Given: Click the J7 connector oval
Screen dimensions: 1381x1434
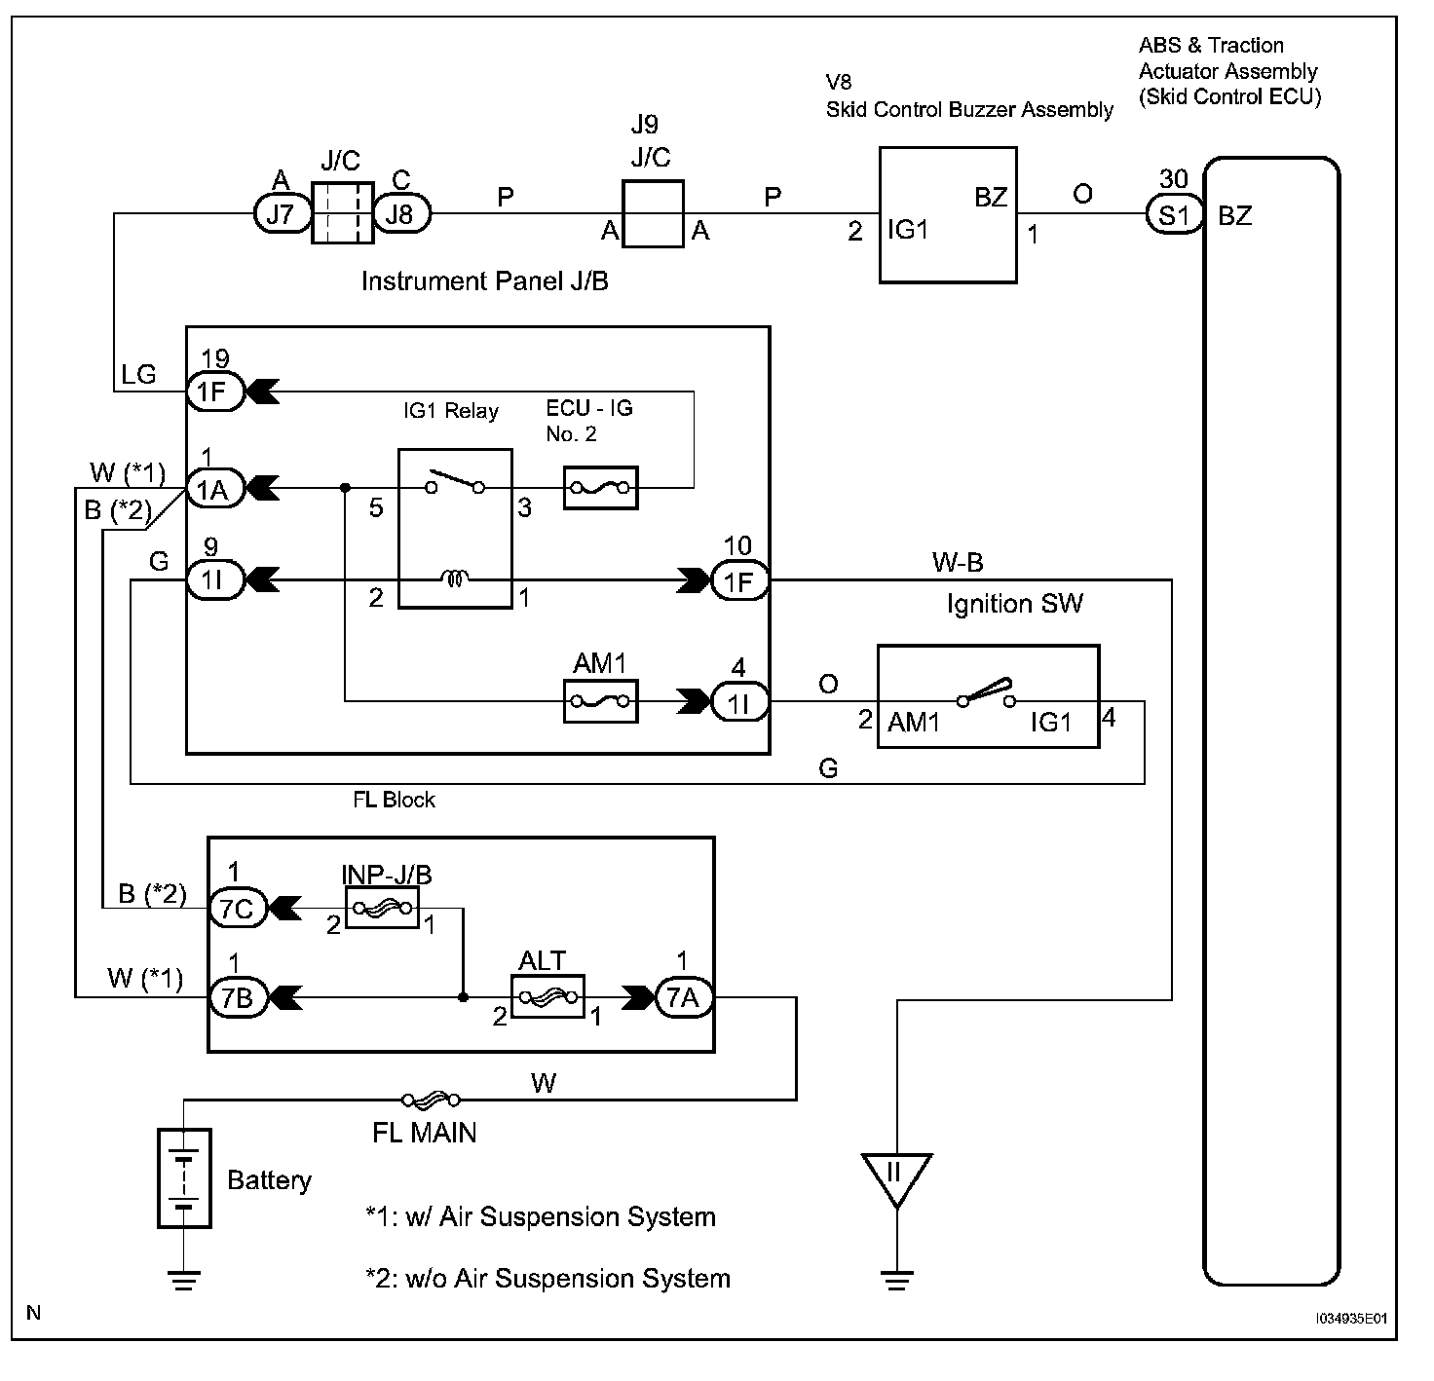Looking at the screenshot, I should (280, 213).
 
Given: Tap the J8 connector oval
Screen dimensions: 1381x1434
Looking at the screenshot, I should (399, 213).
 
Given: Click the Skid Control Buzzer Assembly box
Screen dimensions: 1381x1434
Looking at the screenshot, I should (947, 215).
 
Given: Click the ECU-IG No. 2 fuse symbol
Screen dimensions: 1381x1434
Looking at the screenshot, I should (600, 488).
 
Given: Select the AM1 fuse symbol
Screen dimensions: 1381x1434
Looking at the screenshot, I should (601, 701).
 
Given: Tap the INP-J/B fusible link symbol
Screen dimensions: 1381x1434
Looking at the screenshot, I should (382, 909).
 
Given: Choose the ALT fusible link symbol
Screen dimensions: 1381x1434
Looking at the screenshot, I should (547, 997).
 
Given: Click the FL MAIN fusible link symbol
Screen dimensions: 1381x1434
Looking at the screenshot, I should (431, 1101).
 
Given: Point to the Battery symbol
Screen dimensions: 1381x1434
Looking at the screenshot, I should (184, 1177).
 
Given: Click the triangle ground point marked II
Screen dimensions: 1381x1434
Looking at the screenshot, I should (896, 1176).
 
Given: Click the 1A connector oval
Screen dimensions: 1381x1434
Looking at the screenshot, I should (215, 488).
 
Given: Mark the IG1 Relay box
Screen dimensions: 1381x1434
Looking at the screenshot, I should (455, 528).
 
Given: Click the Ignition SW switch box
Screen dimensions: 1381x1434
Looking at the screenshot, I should (988, 696).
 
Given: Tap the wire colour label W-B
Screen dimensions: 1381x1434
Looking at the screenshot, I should (958, 562).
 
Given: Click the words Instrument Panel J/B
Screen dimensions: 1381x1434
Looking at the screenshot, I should (484, 281).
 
